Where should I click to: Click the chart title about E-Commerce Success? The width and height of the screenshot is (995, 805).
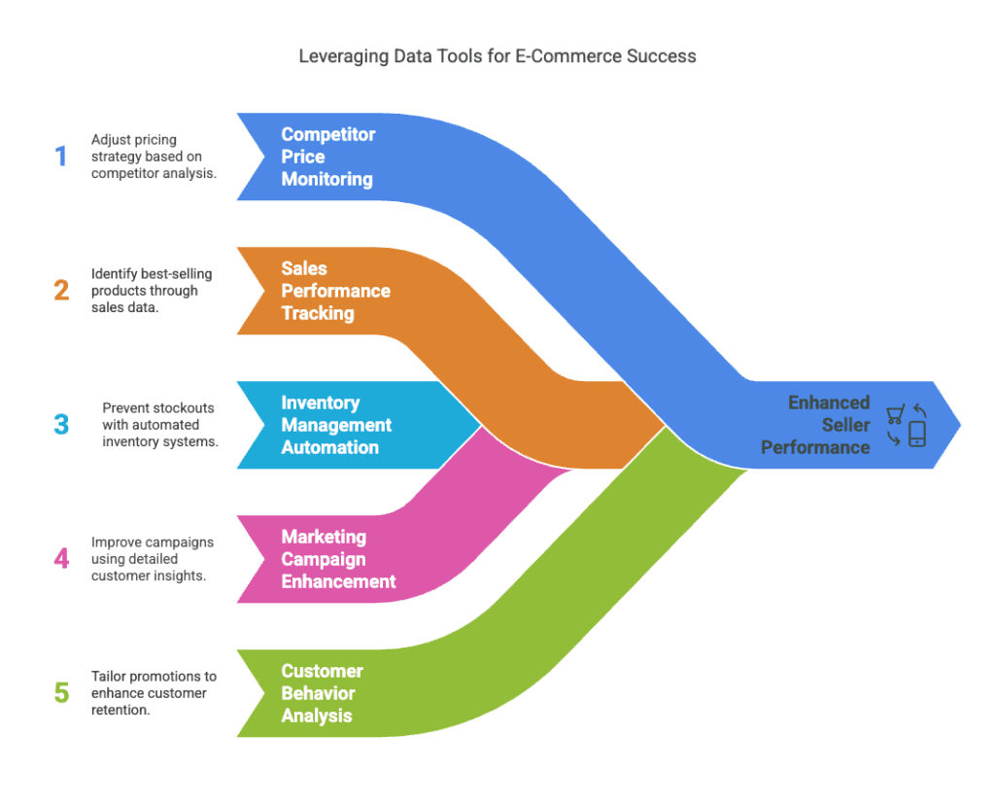[497, 55]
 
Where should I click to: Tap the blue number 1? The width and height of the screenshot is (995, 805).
[61, 157]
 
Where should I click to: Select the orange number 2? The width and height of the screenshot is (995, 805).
[61, 291]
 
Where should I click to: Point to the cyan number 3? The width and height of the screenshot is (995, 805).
[61, 425]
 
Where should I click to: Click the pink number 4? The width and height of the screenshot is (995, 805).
[61, 559]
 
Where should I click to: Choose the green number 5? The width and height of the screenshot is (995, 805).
[61, 693]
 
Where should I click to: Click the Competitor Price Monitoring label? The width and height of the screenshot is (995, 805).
[326, 157]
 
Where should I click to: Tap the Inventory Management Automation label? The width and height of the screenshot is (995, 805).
[336, 425]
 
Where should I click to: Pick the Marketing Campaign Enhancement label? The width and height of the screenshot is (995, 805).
[338, 559]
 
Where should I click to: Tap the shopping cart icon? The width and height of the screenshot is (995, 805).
[895, 415]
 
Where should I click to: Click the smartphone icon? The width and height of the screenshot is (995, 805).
[916, 434]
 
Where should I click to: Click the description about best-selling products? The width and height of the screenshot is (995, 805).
[151, 291]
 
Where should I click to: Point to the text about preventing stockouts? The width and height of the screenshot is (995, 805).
[160, 425]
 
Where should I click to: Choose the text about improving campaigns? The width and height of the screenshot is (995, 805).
[153, 559]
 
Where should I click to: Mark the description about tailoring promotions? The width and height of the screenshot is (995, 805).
[154, 693]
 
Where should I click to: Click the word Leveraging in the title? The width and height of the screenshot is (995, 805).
[340, 55]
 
